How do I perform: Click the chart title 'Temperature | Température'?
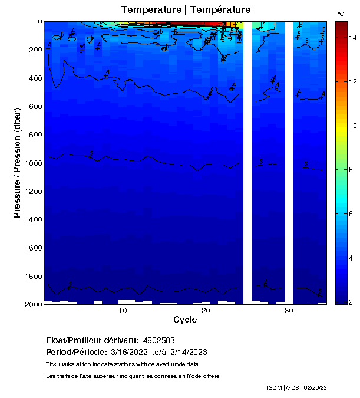(186, 9)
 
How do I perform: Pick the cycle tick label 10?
(123, 311)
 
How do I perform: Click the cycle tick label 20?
(206, 311)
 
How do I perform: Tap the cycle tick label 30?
(289, 311)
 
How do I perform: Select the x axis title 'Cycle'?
(185, 320)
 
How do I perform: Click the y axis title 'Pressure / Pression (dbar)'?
(17, 163)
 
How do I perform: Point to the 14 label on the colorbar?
(352, 37)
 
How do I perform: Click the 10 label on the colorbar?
(352, 126)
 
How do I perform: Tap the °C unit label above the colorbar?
(341, 13)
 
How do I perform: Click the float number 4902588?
(158, 341)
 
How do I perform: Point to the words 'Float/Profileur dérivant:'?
(93, 341)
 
